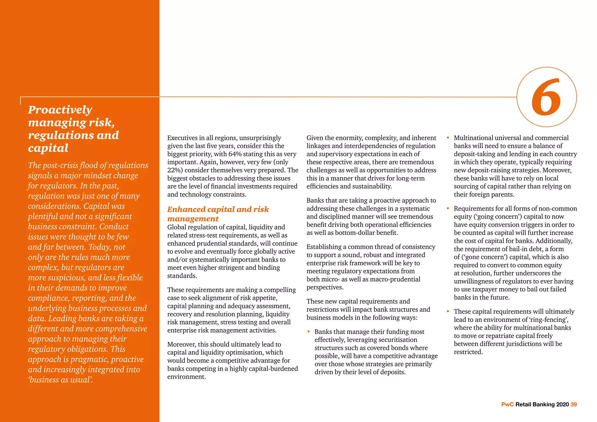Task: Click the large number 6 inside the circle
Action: [546, 97]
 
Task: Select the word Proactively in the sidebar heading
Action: [60, 110]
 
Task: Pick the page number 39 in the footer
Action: [574, 404]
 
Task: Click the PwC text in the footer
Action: [508, 404]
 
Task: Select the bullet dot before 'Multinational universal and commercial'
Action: [448, 138]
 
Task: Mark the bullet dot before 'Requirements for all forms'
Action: [448, 208]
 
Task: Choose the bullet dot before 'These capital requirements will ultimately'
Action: [448, 311]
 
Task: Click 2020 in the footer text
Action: [563, 404]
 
